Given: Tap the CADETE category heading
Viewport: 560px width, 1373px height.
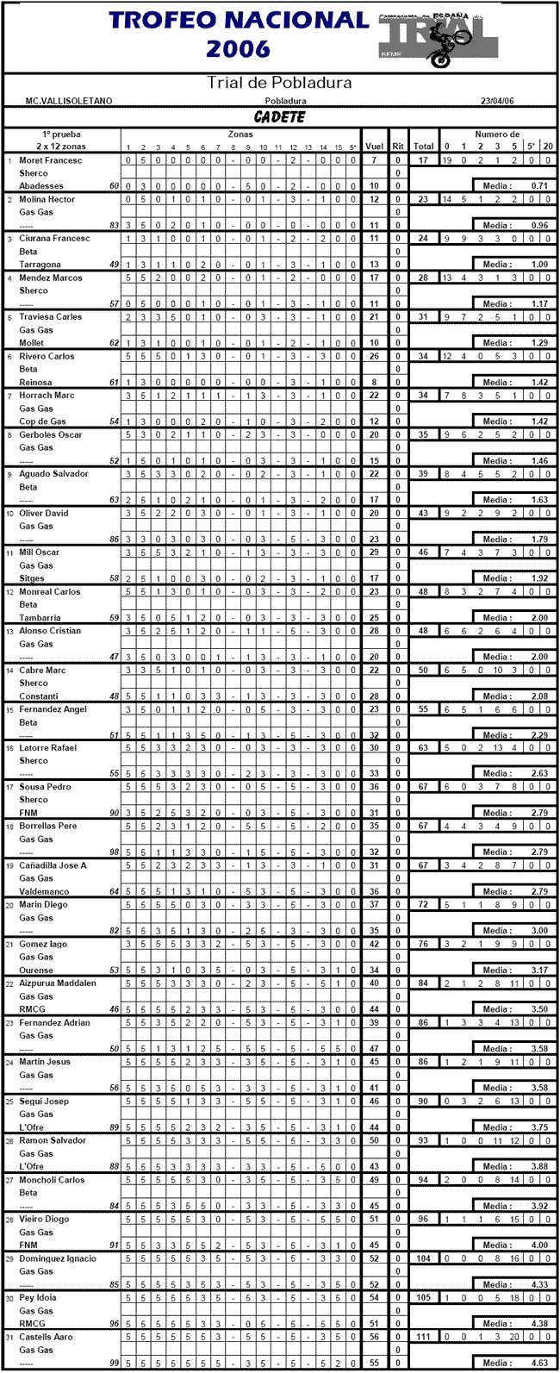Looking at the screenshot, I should click(279, 117).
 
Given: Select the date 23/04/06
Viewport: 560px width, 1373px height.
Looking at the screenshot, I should click(497, 102).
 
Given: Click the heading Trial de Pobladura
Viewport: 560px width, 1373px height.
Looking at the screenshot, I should click(279, 84).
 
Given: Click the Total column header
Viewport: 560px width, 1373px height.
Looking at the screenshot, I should click(423, 147).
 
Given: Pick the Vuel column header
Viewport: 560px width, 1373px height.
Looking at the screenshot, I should click(374, 147).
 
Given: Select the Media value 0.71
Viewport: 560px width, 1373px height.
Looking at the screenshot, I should click(540, 186).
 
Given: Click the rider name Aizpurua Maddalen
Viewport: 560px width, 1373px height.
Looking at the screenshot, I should click(58, 983).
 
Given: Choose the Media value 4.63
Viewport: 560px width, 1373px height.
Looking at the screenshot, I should click(540, 1363).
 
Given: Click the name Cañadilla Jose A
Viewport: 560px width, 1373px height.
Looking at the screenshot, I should click(53, 865).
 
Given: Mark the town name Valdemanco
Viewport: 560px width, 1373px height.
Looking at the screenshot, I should click(43, 891).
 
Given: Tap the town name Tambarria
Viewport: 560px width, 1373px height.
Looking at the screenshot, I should click(40, 617).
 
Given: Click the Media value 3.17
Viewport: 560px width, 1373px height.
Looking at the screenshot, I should click(540, 970).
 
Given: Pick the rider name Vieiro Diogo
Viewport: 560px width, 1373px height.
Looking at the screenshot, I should click(47, 1220).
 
